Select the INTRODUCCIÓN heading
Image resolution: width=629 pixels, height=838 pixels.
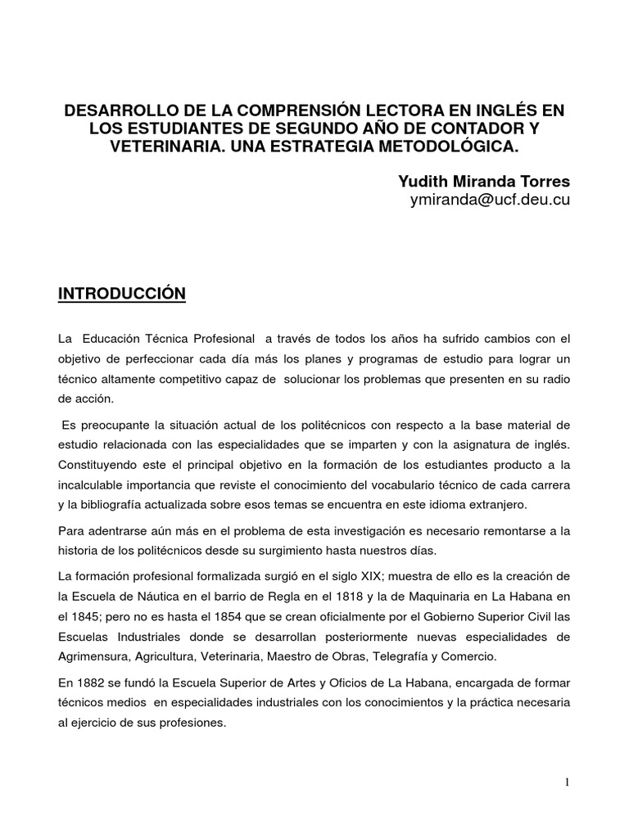[x=122, y=292]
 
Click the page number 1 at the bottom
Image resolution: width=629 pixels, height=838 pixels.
[x=567, y=782]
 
